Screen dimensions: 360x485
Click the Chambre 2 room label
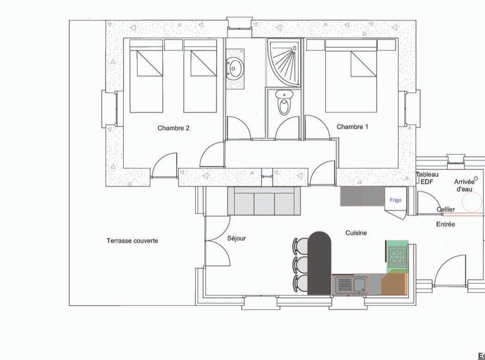(x=173, y=128)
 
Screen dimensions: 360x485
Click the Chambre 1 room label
(x=352, y=127)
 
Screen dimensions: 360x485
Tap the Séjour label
(x=236, y=239)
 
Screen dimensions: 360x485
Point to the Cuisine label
(x=356, y=233)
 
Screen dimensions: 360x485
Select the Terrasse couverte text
(x=132, y=241)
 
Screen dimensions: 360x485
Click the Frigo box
(x=395, y=200)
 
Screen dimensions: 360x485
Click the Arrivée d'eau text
(x=464, y=185)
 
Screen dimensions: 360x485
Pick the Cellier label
(x=446, y=209)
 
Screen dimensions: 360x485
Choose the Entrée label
(x=446, y=224)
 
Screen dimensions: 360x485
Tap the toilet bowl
(x=284, y=103)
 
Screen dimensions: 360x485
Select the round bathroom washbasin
(x=235, y=67)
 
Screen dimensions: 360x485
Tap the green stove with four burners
(x=398, y=257)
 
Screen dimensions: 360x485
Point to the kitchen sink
(x=352, y=285)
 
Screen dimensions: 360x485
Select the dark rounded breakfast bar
(x=320, y=263)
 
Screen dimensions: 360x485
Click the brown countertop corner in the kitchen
(x=394, y=284)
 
